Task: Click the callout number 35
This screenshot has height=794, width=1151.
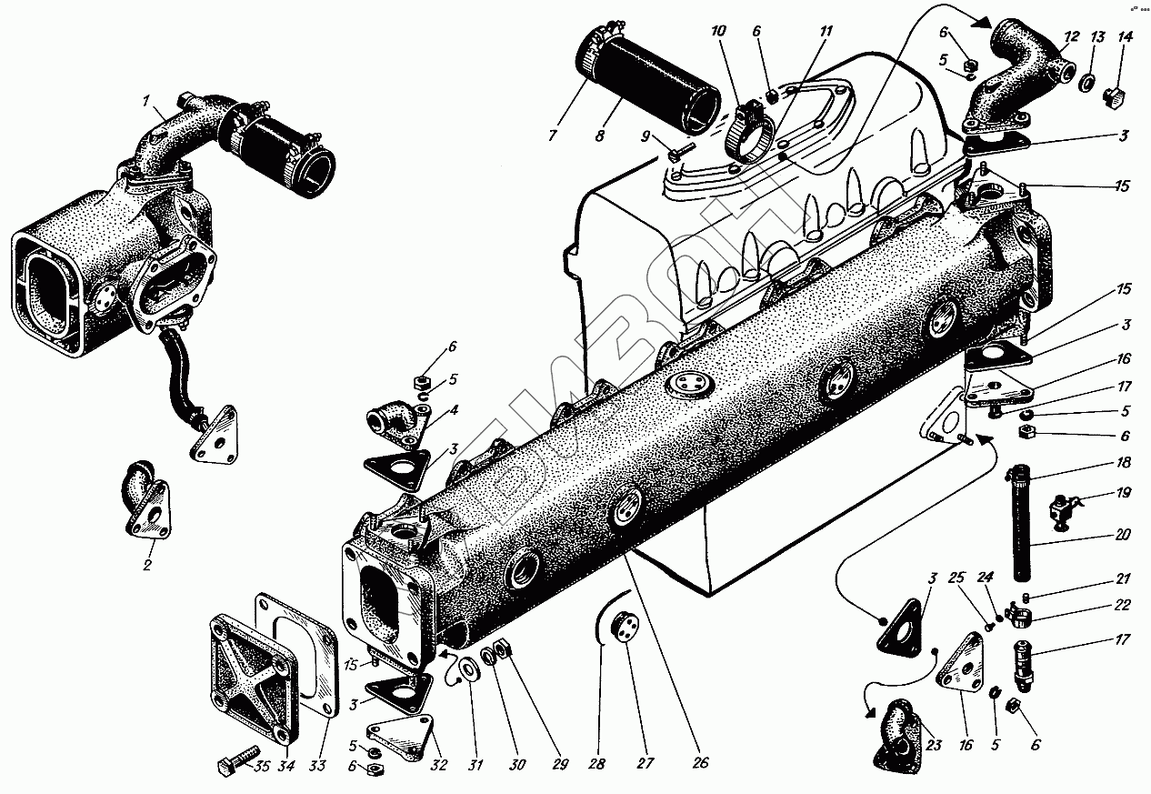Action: [x=262, y=766]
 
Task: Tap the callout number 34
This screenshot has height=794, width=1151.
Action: [x=287, y=766]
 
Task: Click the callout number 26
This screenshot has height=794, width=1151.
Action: [x=700, y=764]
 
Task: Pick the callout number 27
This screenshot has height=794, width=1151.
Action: [x=645, y=764]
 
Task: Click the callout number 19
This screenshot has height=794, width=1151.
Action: [x=1124, y=493]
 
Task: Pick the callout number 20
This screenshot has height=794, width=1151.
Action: [x=1124, y=535]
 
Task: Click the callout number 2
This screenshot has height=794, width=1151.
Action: [x=146, y=565]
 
